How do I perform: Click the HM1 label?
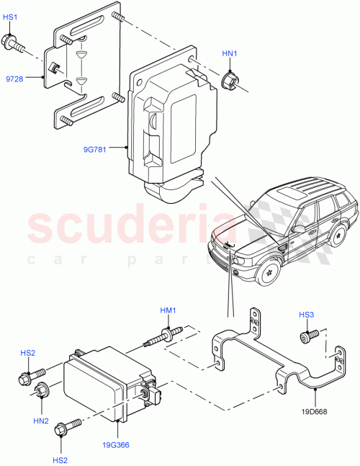click(167, 310)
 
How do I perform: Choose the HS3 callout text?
click(306, 315)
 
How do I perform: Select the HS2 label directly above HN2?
click(27, 353)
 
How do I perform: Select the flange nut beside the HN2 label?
click(42, 391)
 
